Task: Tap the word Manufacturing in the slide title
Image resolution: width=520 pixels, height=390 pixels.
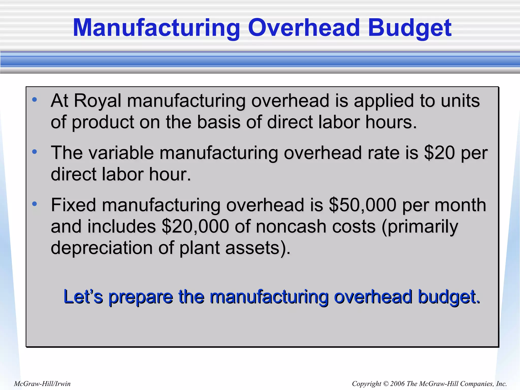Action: (156, 28)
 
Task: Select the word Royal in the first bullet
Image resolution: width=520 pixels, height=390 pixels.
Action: (97, 101)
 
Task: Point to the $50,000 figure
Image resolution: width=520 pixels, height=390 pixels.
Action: (362, 205)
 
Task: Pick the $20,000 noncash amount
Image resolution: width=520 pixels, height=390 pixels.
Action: (195, 226)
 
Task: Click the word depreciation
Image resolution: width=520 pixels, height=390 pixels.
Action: (102, 248)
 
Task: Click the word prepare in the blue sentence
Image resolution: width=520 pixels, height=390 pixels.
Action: (141, 297)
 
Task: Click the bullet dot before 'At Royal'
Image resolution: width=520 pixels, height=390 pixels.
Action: (35, 100)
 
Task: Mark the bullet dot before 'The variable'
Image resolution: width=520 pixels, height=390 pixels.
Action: (35, 152)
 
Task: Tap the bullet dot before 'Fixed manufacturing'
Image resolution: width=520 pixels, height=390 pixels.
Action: (35, 204)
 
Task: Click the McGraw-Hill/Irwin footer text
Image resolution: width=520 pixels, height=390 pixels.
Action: (42, 384)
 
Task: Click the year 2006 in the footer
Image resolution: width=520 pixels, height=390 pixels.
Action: (397, 384)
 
